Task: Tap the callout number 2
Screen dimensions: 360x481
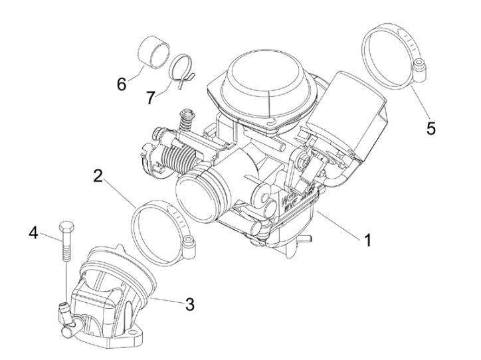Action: (97, 177)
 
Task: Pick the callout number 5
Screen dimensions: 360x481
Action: (431, 128)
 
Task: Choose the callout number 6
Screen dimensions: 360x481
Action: (122, 84)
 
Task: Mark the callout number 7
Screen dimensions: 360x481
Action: (151, 97)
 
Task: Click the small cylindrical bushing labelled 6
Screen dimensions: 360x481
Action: (152, 54)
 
